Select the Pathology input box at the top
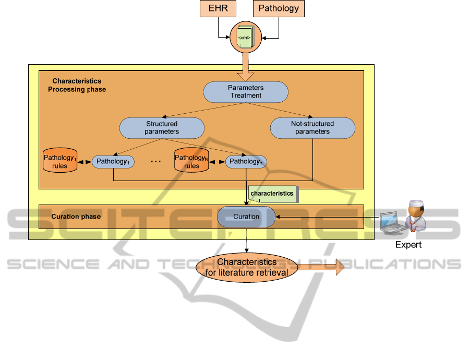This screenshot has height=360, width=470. (x=279, y=9)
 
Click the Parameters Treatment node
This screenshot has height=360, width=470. (x=245, y=92)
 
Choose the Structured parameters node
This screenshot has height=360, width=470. (x=161, y=128)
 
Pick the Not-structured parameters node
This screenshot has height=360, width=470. (x=312, y=128)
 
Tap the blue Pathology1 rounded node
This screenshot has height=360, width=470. (x=113, y=162)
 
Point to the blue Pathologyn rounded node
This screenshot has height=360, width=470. (x=246, y=162)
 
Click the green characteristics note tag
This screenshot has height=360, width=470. (x=272, y=194)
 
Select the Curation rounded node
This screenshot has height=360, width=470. (x=246, y=217)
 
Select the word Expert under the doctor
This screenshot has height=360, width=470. (x=408, y=245)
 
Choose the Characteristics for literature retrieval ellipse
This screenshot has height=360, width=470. (x=250, y=267)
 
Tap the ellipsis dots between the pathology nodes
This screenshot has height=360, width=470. (x=155, y=162)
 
